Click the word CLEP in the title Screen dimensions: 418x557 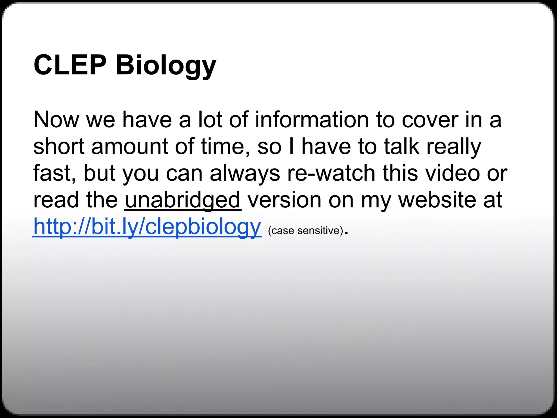(70, 65)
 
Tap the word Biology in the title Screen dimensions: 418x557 (166, 66)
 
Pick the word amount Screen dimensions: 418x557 (129, 146)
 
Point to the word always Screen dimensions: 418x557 (245, 174)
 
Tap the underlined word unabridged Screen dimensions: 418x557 (183, 200)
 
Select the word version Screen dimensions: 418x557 (284, 200)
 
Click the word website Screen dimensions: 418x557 (437, 200)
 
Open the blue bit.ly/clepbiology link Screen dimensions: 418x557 (147, 227)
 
